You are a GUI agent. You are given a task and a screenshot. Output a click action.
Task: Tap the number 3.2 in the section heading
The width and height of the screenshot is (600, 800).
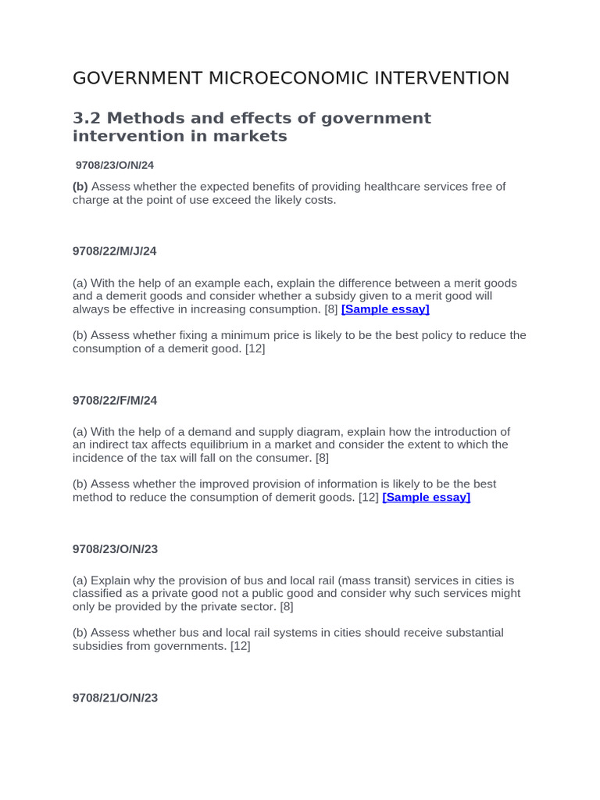(x=87, y=118)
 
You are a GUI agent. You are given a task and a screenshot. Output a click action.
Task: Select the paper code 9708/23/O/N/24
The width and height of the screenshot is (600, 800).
(x=115, y=165)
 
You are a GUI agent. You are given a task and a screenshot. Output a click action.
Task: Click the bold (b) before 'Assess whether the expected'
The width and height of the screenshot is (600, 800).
(x=80, y=187)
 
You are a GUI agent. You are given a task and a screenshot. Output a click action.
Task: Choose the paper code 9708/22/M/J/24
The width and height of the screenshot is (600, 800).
(x=115, y=251)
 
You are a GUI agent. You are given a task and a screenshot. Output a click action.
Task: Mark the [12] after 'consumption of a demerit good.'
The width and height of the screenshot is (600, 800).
(x=255, y=348)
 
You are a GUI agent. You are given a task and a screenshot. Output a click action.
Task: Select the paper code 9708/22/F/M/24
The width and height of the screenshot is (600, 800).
(x=115, y=400)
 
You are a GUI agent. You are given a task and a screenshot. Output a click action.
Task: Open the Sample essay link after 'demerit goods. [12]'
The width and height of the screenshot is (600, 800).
(x=426, y=497)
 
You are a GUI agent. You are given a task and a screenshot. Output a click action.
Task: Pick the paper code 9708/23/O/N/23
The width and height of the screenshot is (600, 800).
(x=115, y=549)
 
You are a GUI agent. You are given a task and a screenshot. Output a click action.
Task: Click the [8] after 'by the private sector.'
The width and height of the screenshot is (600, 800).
(x=287, y=606)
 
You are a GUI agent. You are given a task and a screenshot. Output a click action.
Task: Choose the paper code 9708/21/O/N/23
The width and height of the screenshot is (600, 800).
(x=115, y=698)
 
